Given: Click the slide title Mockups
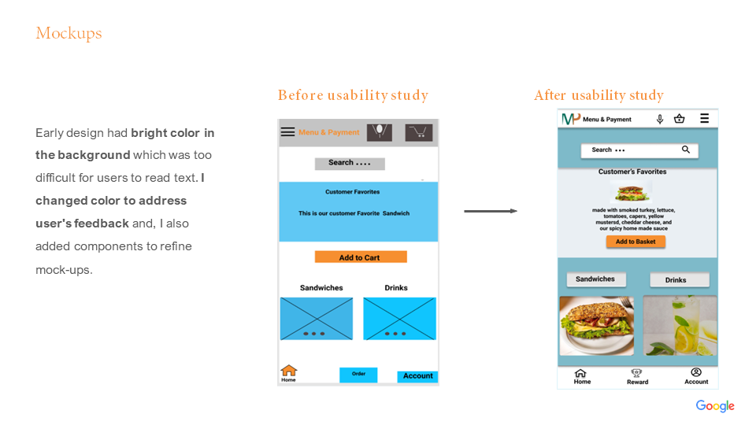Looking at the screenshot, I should pyautogui.click(x=69, y=33).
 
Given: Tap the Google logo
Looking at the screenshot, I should pyautogui.click(x=714, y=406).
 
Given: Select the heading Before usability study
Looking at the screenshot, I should pyautogui.click(x=353, y=95).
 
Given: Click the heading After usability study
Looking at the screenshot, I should pyautogui.click(x=598, y=95).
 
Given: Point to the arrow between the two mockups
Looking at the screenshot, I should pyautogui.click(x=490, y=211).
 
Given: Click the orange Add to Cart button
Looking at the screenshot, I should pyautogui.click(x=360, y=257).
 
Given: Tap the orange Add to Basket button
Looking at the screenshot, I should pyautogui.click(x=636, y=242).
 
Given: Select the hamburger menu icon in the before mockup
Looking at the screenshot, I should pyautogui.click(x=287, y=132).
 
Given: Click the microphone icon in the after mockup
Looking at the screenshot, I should pyautogui.click(x=660, y=119).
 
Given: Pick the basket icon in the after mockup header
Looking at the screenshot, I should pyautogui.click(x=679, y=119).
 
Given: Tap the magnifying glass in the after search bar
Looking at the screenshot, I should pyautogui.click(x=686, y=150).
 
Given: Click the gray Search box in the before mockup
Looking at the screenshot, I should pyautogui.click(x=350, y=164).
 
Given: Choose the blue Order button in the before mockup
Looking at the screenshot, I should pyautogui.click(x=358, y=375).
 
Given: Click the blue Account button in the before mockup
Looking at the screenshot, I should pyautogui.click(x=417, y=376).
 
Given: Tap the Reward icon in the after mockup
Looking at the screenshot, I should pyautogui.click(x=637, y=375).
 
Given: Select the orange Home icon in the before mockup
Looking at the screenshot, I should pyautogui.click(x=289, y=371).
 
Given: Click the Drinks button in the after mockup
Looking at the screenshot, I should pyautogui.click(x=679, y=280).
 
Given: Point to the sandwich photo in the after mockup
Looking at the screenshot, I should pyautogui.click(x=596, y=325).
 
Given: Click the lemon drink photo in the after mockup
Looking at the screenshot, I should pyautogui.click(x=680, y=325).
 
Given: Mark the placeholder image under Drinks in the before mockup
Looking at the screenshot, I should pyautogui.click(x=399, y=319).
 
